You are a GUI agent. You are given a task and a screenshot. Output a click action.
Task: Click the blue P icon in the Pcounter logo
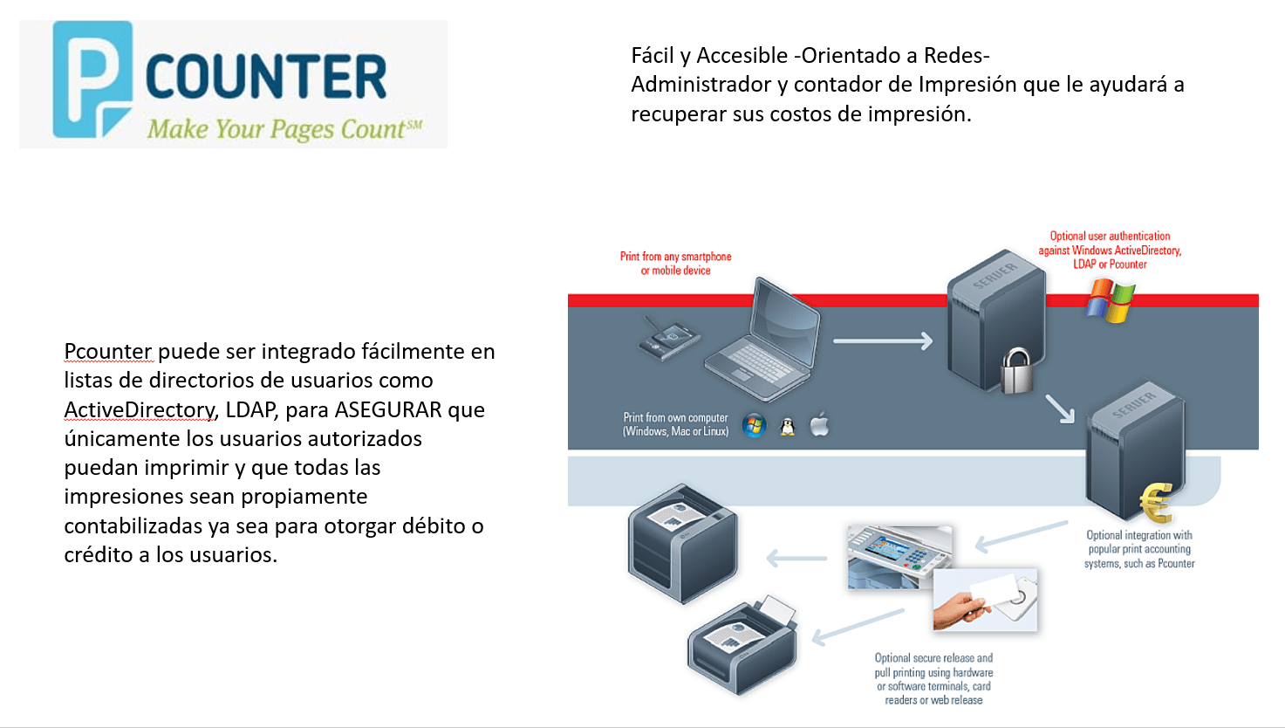[92, 79]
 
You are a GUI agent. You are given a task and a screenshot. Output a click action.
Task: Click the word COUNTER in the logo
[266, 77]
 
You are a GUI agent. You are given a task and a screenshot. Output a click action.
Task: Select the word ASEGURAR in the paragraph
[388, 409]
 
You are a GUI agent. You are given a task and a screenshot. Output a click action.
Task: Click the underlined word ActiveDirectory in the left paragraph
[140, 409]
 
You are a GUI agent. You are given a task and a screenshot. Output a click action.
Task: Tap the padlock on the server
[1016, 371]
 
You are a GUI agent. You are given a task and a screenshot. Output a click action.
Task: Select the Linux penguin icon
[788, 427]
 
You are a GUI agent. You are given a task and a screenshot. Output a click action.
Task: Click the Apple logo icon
[819, 425]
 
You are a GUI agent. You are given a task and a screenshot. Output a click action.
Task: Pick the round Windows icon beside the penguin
[754, 425]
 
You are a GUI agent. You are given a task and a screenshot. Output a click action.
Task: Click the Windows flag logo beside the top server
[1111, 300]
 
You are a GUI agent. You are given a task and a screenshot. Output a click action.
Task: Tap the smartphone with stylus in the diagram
[669, 338]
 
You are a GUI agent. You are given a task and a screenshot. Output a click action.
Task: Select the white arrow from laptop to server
[882, 341]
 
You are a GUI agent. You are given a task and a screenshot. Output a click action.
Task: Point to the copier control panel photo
[899, 557]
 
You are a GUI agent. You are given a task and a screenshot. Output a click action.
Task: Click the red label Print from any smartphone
[676, 263]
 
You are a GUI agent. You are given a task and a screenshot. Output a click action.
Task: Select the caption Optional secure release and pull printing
[933, 678]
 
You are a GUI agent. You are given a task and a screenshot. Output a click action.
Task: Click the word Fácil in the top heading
[653, 56]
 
